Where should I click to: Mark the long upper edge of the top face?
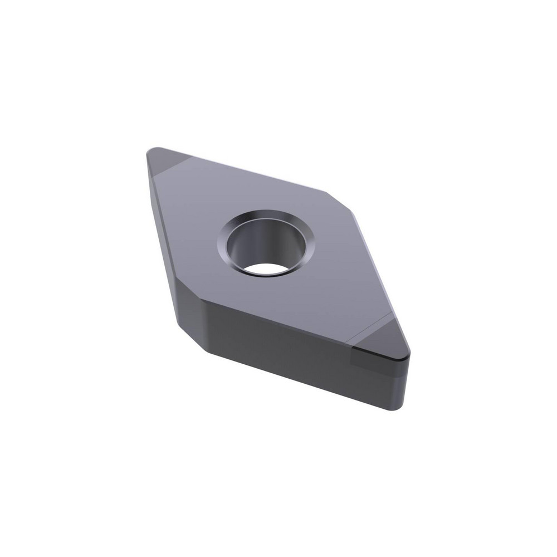(251, 169)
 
